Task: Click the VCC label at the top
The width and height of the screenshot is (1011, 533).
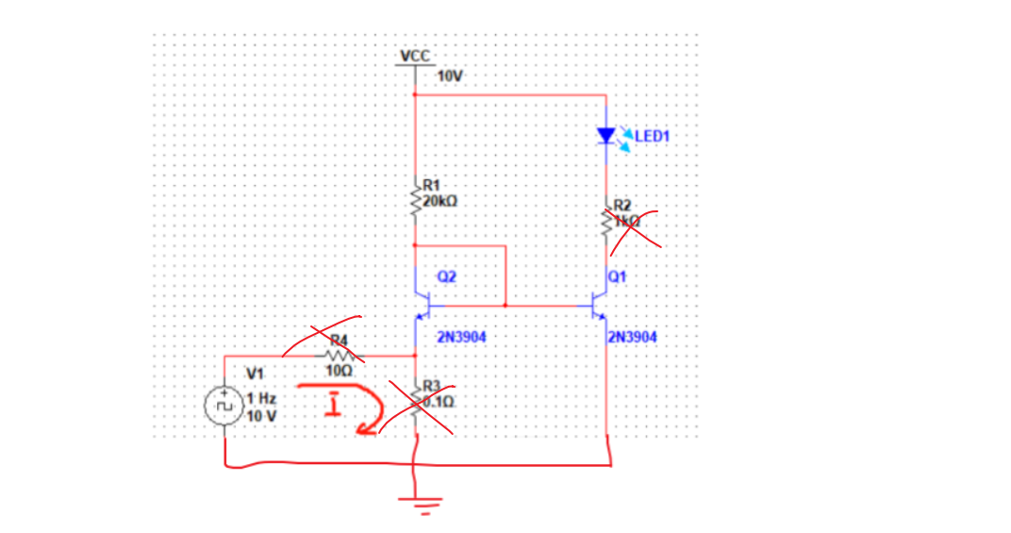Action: point(415,57)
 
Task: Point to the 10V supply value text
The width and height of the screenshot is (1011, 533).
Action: point(451,75)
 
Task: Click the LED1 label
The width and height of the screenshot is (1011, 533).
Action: point(652,137)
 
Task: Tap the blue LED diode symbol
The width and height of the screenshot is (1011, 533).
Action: point(606,137)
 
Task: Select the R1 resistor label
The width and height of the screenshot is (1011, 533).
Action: point(431,186)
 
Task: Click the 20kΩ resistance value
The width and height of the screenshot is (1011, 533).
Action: point(441,201)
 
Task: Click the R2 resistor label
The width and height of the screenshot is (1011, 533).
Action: point(622,205)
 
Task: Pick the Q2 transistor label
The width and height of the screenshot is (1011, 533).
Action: point(447,277)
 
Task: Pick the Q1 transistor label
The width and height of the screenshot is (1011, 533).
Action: point(617,277)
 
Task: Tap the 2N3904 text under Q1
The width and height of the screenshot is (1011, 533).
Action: point(633,337)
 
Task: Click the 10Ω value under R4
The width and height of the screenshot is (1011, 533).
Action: point(338,371)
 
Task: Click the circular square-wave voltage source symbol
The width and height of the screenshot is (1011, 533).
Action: point(224,406)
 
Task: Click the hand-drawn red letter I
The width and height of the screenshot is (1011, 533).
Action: point(331,407)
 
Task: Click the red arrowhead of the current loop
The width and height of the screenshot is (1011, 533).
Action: point(363,430)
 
